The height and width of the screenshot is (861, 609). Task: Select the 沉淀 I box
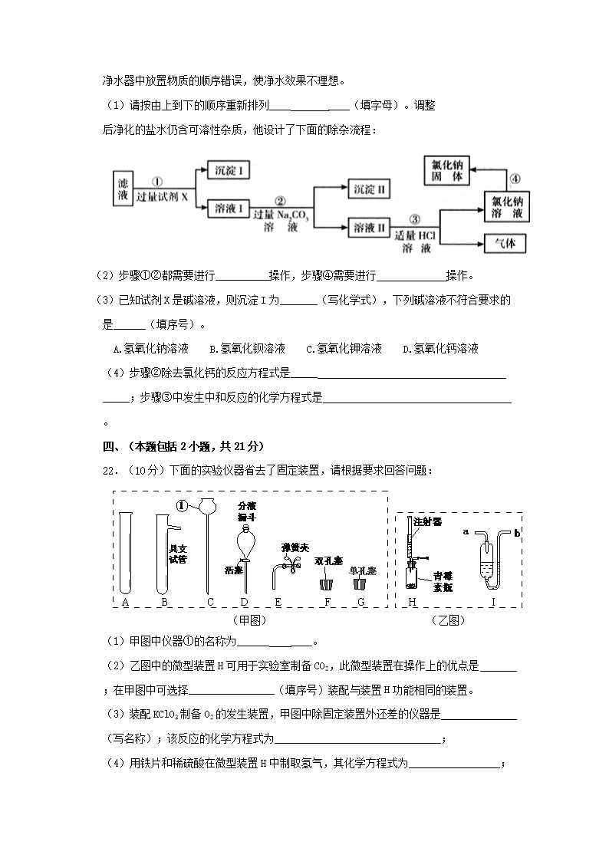pos(229,170)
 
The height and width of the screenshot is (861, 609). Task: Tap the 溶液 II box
pos(369,227)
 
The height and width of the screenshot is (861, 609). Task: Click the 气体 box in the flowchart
pos(505,243)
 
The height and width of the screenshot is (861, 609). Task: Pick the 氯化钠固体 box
pos(448,170)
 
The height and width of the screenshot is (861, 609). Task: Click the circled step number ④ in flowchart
pos(515,179)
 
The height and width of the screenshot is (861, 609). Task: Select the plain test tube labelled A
pos(125,552)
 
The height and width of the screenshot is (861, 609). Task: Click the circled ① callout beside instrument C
pos(182,506)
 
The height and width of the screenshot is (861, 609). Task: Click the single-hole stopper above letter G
pos(360,583)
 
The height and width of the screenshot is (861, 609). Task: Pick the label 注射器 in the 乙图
pos(427,522)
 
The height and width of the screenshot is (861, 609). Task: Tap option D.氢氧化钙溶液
pos(440,349)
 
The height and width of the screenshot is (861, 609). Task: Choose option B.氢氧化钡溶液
pos(247,349)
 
